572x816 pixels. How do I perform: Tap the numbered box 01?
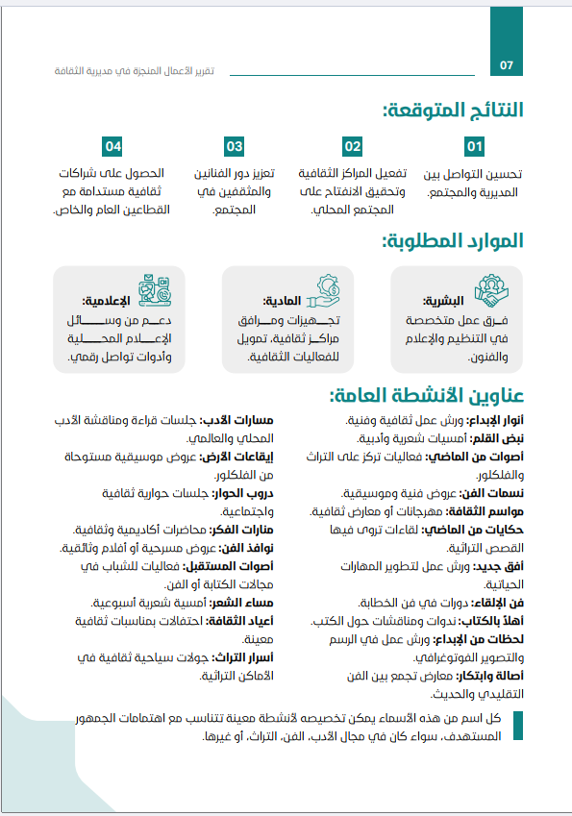[474, 147]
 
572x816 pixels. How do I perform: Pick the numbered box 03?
[235, 147]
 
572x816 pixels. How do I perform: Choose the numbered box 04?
[114, 147]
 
